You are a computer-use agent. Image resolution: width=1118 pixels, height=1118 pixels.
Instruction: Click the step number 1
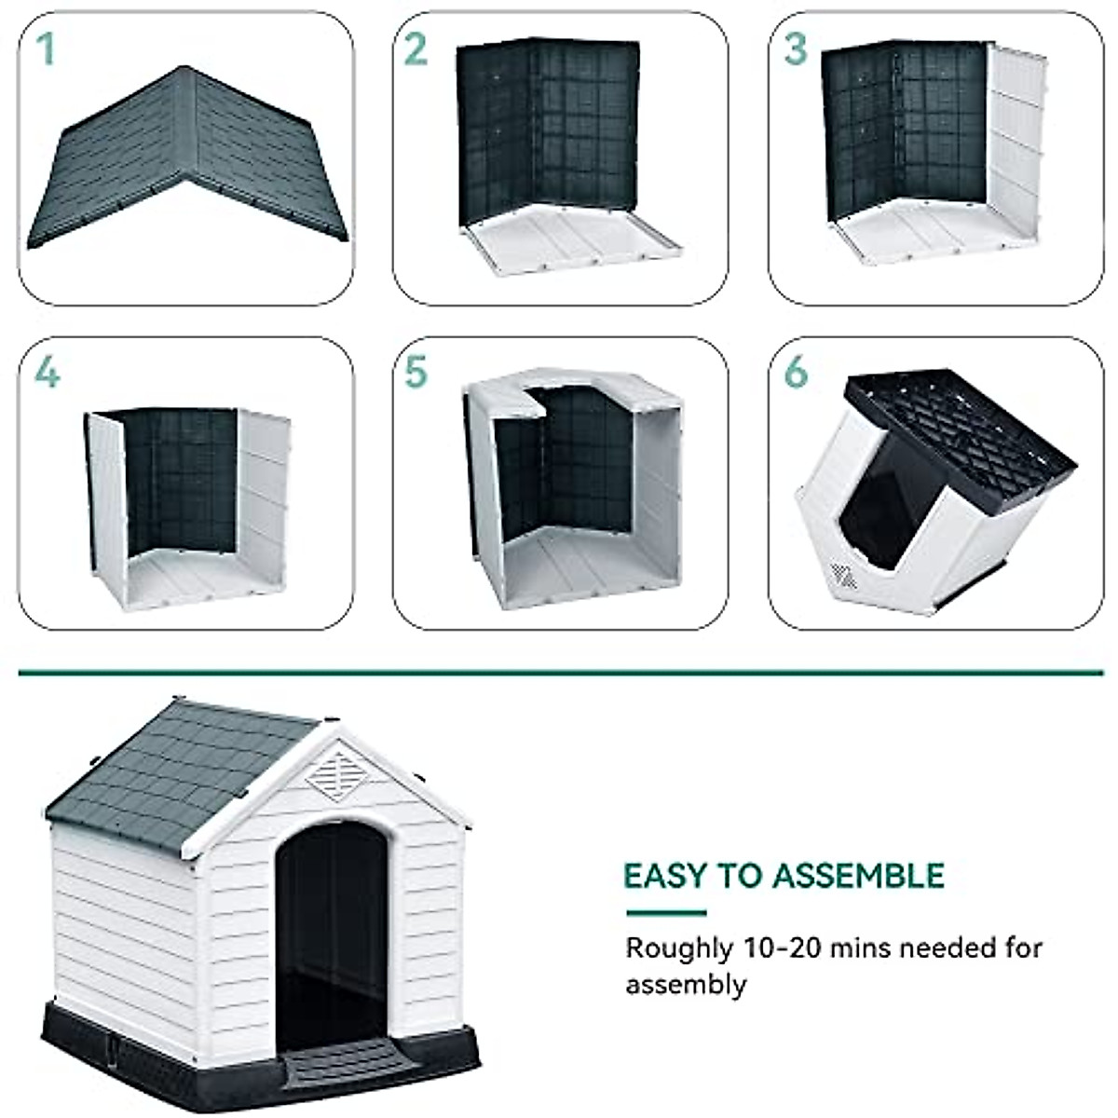coord(45,49)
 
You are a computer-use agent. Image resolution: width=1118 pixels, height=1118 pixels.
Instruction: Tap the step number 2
coord(416,49)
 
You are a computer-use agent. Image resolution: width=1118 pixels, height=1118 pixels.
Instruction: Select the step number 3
coord(795,49)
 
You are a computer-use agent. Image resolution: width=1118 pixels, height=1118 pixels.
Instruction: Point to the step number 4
coord(47,373)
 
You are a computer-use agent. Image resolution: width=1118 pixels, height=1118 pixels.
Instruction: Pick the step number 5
coord(416,373)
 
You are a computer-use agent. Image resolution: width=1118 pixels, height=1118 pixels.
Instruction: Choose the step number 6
coord(796,373)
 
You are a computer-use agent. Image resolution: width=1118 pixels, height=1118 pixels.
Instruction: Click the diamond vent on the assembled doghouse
coord(339,772)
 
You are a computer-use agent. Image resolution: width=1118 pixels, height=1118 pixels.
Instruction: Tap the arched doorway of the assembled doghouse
coord(332,922)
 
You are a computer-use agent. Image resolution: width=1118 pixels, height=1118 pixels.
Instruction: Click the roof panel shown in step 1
coord(186,158)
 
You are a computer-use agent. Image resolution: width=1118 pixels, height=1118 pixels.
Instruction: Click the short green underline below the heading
coord(665,913)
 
